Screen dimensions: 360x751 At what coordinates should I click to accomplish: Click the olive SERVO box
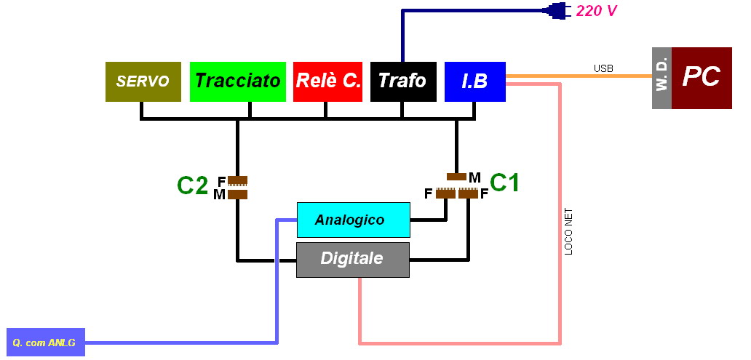point(143,81)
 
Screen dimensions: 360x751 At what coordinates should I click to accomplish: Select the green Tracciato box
point(237,81)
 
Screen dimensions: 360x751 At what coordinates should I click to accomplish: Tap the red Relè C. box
point(327,81)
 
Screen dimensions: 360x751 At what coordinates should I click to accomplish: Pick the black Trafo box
point(402,81)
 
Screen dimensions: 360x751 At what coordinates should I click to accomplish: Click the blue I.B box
point(474,81)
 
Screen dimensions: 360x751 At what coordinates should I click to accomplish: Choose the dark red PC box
point(701,78)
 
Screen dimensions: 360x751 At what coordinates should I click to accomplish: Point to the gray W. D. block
point(661,78)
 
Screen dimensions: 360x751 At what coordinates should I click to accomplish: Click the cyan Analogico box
point(353,220)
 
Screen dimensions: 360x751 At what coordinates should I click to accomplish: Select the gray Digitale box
point(353,260)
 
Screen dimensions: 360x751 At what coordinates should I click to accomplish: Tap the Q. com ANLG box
point(44,341)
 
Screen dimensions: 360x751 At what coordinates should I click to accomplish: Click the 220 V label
point(596,11)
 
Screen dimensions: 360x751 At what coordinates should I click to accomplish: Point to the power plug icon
point(559,10)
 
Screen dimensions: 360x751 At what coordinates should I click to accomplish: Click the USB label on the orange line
point(603,68)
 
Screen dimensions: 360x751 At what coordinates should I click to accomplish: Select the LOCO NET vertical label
point(569,232)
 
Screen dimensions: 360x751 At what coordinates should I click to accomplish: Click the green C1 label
point(504,183)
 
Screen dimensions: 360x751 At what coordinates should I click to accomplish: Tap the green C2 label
point(192,185)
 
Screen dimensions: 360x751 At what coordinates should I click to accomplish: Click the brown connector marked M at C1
point(456,177)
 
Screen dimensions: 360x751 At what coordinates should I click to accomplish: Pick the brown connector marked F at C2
point(237,180)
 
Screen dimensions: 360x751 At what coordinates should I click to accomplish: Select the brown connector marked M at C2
point(237,194)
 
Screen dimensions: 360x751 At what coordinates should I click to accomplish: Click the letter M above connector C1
point(474,177)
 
